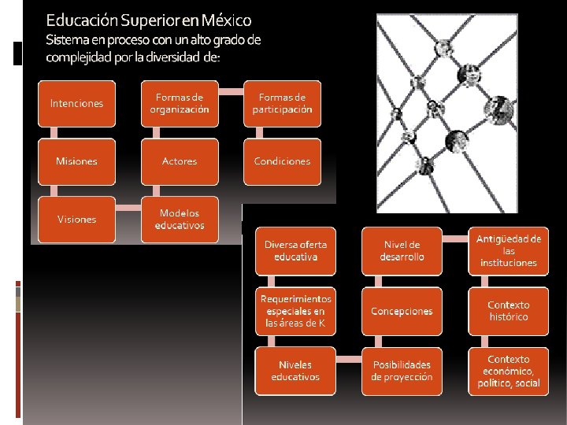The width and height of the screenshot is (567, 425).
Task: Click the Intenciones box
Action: [76, 103]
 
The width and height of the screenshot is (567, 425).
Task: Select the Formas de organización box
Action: [180, 103]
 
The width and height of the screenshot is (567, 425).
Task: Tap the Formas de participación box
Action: [282, 103]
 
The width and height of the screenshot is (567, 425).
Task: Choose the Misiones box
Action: [76, 161]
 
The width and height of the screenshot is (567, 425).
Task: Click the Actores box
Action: [180, 161]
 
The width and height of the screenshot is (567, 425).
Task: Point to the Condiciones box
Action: [282, 161]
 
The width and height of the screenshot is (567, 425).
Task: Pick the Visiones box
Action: [76, 219]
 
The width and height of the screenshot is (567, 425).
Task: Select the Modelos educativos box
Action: [180, 219]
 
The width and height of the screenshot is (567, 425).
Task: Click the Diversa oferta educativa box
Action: [295, 250]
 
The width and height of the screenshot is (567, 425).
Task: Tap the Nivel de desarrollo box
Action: [402, 250]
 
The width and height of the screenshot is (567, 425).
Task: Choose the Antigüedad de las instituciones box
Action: [508, 250]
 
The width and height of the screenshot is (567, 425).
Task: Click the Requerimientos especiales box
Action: [295, 310]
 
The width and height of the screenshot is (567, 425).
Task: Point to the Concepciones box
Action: [402, 310]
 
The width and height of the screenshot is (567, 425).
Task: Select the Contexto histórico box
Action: [508, 310]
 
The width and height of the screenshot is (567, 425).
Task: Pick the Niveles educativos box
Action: [295, 371]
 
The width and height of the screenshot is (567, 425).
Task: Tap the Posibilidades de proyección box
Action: [402, 371]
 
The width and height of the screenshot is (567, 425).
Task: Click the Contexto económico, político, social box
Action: [508, 371]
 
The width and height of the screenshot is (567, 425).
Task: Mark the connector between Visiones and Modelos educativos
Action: [128, 209]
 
